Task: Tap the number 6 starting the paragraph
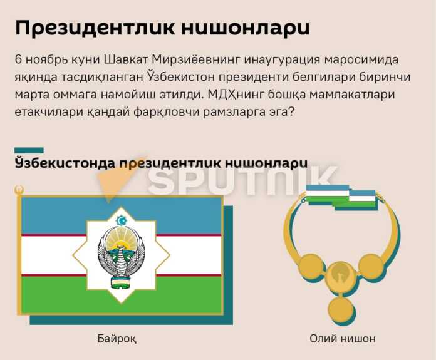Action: pos(18,61)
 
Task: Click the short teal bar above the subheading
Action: pos(28,150)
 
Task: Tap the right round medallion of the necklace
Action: pos(371,267)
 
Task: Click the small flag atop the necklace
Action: pos(341,196)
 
